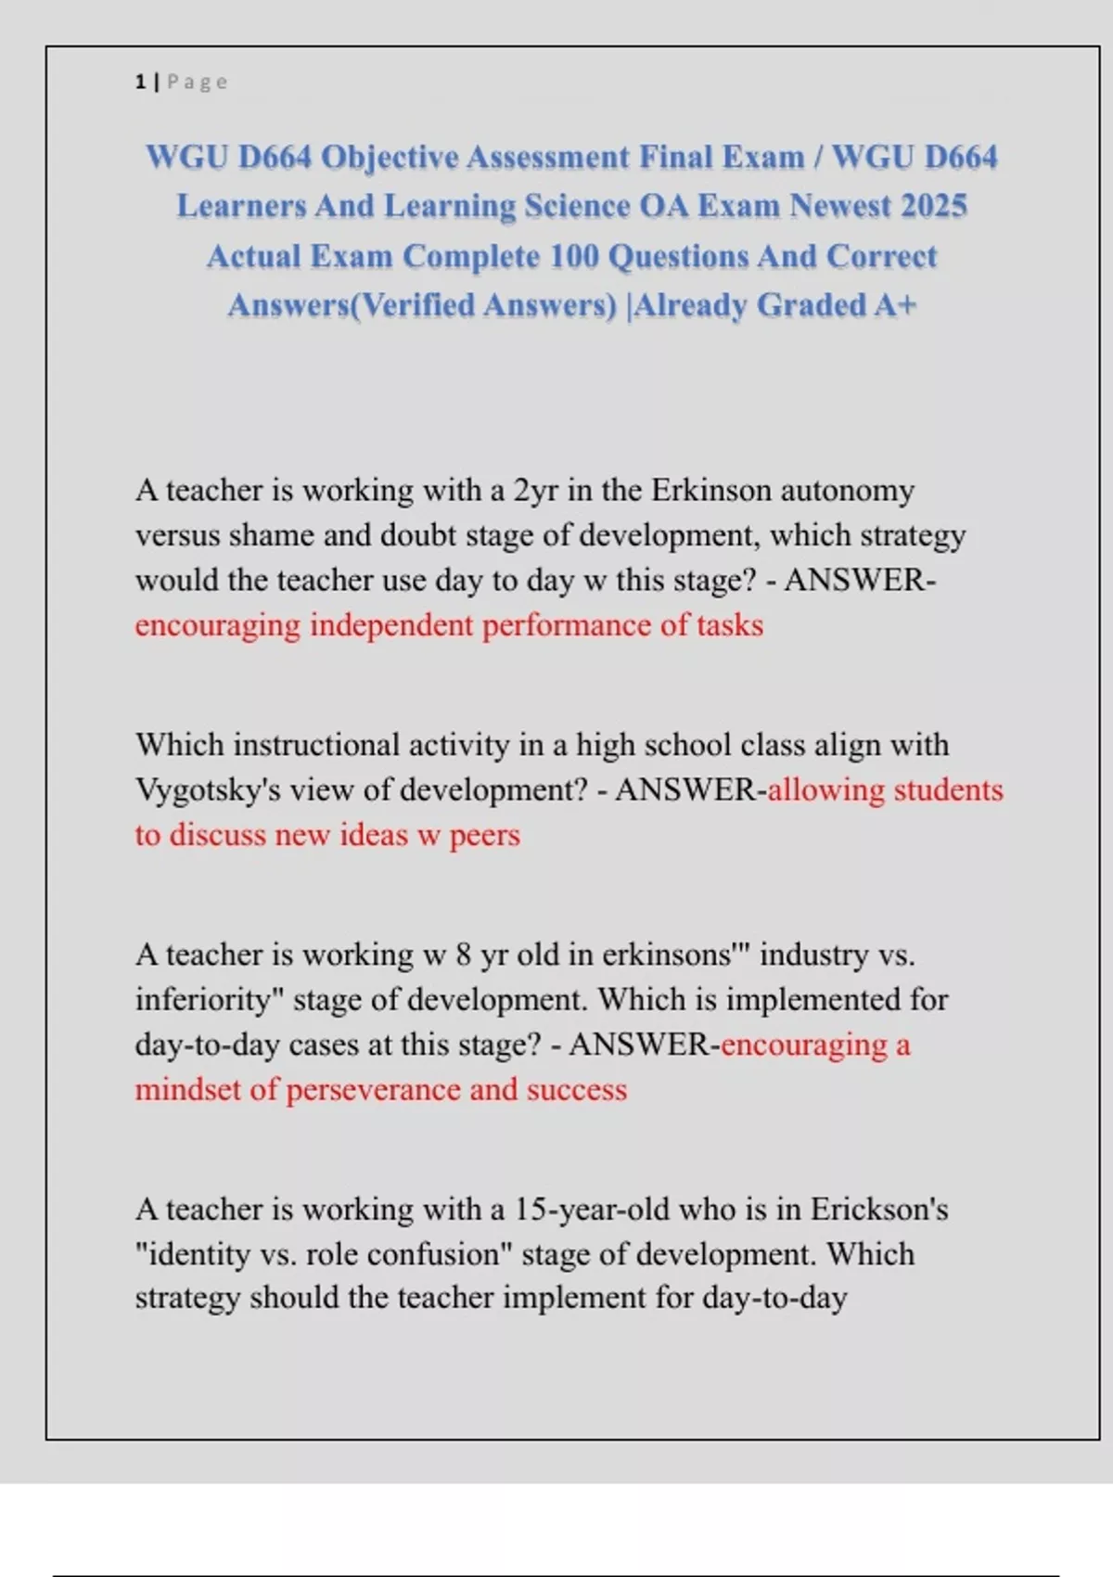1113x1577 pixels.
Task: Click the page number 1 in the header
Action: click(x=140, y=83)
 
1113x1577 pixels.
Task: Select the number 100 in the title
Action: click(x=574, y=256)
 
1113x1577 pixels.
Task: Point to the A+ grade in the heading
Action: click(x=894, y=305)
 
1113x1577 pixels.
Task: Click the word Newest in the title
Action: click(x=842, y=206)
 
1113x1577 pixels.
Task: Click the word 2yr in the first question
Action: click(x=536, y=490)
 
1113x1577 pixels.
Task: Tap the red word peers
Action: click(x=484, y=836)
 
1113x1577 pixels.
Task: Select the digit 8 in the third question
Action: click(x=464, y=955)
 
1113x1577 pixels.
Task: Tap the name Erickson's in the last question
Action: click(x=879, y=1210)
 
